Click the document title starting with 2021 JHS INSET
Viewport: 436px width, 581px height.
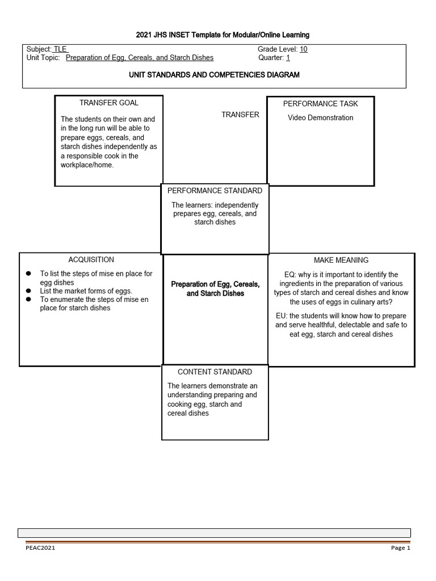coord(223,35)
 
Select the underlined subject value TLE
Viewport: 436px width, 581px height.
coord(60,49)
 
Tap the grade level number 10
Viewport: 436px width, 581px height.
coord(304,49)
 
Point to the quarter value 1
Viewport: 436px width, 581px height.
coord(288,58)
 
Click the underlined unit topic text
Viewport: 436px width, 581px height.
coord(140,58)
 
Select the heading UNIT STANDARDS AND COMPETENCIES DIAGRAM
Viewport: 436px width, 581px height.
coord(215,75)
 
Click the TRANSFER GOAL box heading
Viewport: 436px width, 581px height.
coord(108,103)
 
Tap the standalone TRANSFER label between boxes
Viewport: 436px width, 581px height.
coord(240,115)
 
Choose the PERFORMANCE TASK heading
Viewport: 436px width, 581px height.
coord(320,104)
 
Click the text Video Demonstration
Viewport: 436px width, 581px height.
coord(320,118)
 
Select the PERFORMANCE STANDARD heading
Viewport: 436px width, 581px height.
coord(215,191)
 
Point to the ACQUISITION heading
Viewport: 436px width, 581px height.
coord(91,260)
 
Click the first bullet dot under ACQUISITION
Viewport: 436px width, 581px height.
coord(28,274)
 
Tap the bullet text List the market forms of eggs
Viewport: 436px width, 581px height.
coord(86,290)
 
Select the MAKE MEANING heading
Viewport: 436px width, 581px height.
coord(341,260)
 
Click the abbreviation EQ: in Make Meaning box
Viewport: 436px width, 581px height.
coord(290,275)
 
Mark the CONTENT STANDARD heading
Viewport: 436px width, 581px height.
coord(215,372)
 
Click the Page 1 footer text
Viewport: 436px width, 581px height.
coord(400,548)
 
